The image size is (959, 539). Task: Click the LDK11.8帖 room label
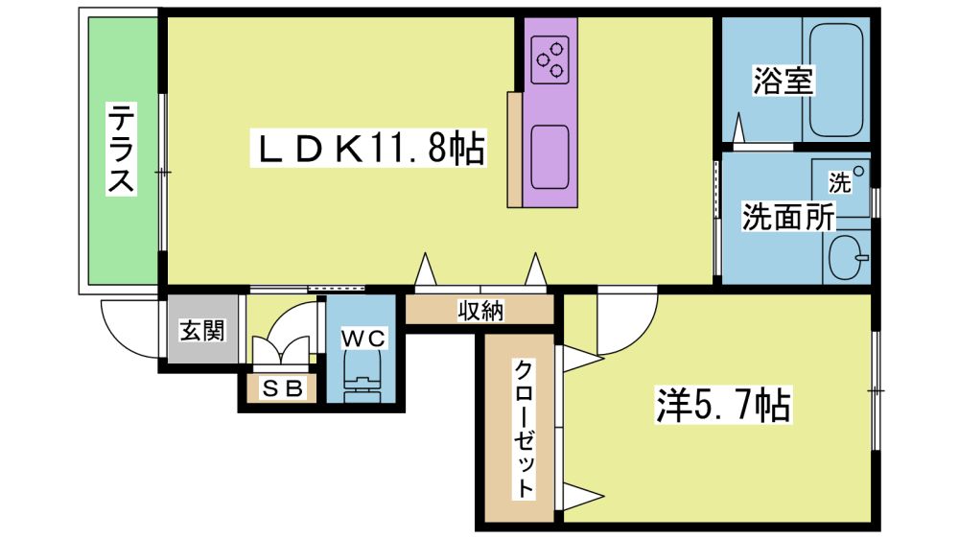368,148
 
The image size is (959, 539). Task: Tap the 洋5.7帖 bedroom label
723,405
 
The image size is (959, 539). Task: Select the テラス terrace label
121,149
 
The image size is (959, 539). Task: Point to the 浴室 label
784,82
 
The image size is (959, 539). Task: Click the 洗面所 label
787,216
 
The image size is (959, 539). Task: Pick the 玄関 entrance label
201,330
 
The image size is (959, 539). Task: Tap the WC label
363,338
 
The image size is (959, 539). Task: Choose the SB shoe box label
283,387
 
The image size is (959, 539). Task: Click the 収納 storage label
480,311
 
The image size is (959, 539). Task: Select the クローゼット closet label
524,429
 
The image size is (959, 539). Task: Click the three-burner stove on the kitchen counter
550,59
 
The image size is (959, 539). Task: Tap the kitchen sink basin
550,157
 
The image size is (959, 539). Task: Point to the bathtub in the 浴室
836,81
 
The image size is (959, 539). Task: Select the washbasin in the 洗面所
847,257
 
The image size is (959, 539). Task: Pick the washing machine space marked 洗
841,188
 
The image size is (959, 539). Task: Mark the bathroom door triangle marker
739,128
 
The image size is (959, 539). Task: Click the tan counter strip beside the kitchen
514,150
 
